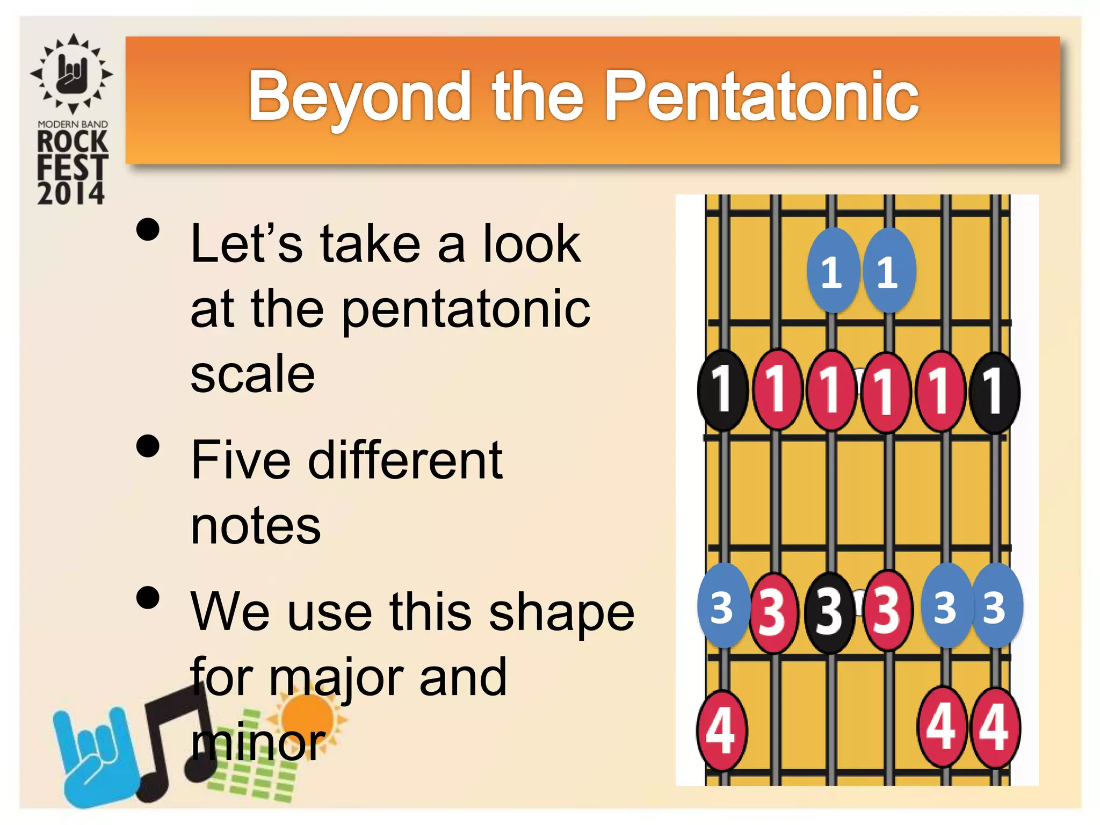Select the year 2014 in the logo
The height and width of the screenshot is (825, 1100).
pos(71,193)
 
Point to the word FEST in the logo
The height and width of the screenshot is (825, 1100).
pos(73,167)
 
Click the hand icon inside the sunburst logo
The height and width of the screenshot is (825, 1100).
pos(72,74)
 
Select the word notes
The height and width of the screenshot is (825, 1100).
pos(256,526)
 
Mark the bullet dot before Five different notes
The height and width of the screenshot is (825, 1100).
pos(148,446)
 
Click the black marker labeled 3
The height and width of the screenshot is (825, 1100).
pos(830,613)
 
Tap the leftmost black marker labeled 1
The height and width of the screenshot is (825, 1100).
pos(723,390)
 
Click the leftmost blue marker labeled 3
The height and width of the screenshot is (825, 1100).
pos(722,606)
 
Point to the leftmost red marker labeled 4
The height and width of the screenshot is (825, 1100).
pos(721,730)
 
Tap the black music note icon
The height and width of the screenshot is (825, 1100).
pos(172,741)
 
